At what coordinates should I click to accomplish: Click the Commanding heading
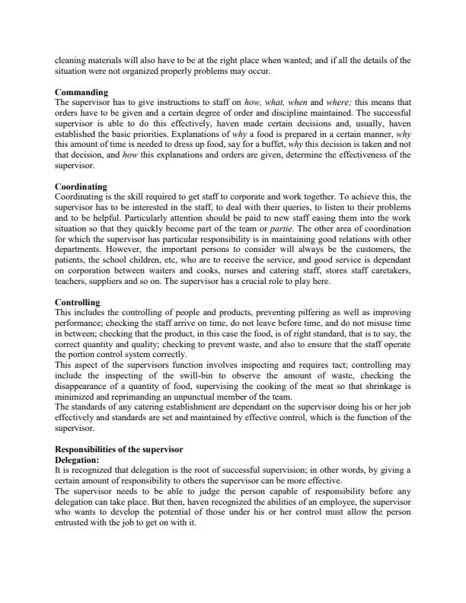tap(81, 91)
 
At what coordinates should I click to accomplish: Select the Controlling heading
tap(78, 303)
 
